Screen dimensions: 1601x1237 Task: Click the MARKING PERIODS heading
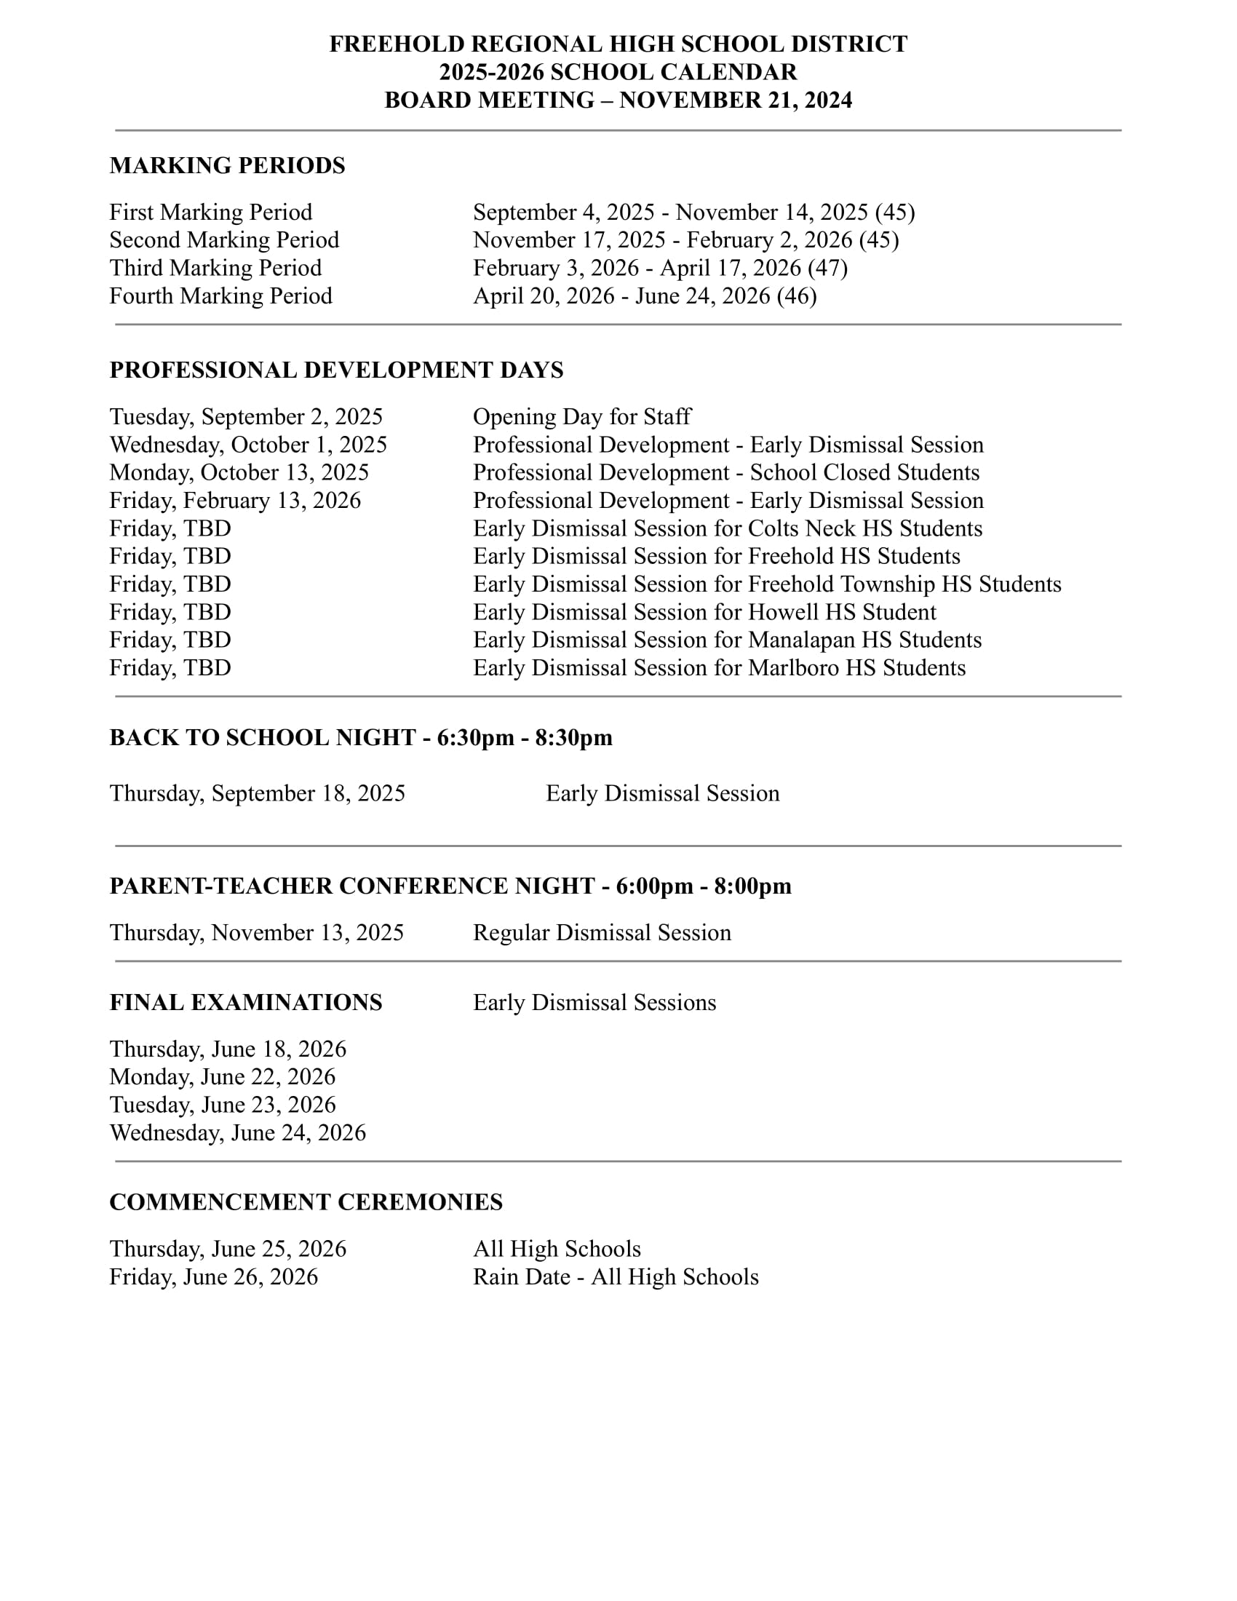click(x=227, y=166)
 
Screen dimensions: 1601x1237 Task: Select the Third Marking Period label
click(x=215, y=268)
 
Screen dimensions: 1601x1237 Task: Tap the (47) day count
click(x=827, y=268)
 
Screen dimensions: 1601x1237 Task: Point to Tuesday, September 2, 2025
click(x=246, y=416)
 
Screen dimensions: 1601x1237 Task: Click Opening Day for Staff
click(x=581, y=416)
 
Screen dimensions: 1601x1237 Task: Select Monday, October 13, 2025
click(x=239, y=472)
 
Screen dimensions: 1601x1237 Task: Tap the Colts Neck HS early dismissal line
click(x=727, y=528)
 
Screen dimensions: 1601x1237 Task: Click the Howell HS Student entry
click(x=704, y=611)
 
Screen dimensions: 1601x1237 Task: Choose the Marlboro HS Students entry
click(x=719, y=667)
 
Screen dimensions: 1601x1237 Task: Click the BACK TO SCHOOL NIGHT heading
click(x=360, y=737)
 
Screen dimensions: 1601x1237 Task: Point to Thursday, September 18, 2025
click(x=257, y=793)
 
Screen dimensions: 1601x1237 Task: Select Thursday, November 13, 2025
click(x=256, y=932)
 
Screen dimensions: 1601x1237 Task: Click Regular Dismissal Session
click(x=602, y=932)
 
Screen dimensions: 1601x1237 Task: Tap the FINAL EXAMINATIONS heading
click(x=245, y=1002)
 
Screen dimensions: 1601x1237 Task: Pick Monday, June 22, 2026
click(x=222, y=1077)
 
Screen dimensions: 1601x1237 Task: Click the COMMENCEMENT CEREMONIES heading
click(x=306, y=1202)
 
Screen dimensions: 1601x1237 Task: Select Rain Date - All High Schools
click(x=616, y=1277)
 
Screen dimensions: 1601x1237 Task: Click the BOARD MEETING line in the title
click(x=618, y=100)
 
